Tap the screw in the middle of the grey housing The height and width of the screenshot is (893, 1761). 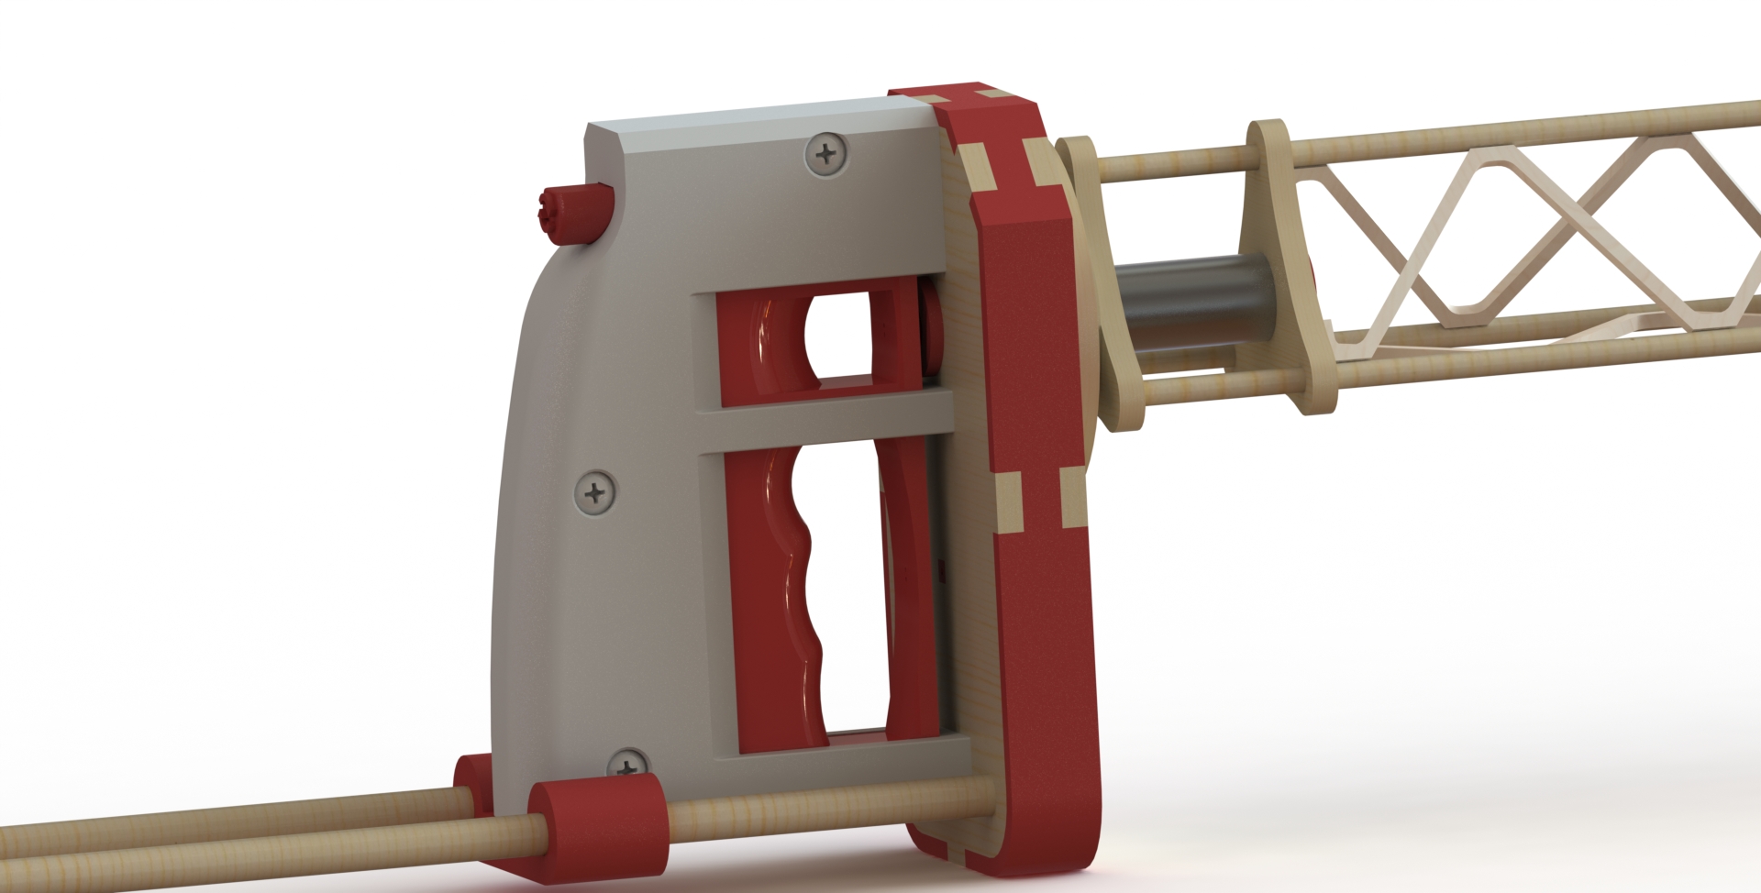point(598,495)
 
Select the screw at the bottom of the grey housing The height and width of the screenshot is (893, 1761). point(629,764)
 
